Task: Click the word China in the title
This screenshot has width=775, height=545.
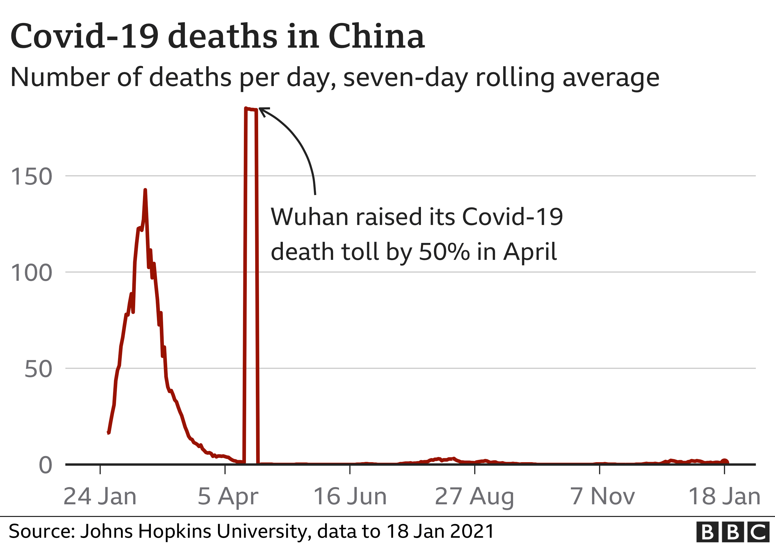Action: click(x=376, y=36)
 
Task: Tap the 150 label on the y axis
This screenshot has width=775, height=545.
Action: click(x=31, y=176)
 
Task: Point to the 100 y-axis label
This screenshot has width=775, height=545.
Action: click(x=31, y=273)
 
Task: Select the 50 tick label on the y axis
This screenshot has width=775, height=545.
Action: click(x=38, y=369)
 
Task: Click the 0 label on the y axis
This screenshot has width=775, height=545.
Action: click(x=46, y=465)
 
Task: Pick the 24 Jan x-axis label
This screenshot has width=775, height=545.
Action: click(x=100, y=496)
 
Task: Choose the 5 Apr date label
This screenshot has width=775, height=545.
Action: click(x=228, y=496)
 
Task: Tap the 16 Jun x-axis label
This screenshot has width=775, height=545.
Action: click(x=350, y=496)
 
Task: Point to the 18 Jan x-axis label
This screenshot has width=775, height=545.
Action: click(x=724, y=496)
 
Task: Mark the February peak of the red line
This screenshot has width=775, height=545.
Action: click(x=145, y=190)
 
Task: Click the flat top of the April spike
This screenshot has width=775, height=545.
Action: click(x=251, y=109)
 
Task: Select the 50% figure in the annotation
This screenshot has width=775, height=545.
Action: click(x=444, y=252)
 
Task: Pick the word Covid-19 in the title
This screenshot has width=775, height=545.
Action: click(x=84, y=36)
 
